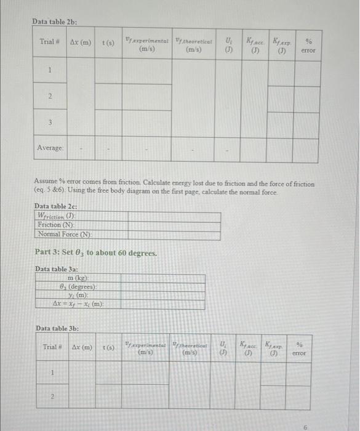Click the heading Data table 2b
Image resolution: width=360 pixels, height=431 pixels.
click(54, 22)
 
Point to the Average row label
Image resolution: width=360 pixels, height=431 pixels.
click(50, 148)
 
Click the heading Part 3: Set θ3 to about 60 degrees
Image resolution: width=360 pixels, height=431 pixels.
click(87, 253)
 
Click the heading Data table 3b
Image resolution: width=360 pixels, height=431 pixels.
click(57, 329)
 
